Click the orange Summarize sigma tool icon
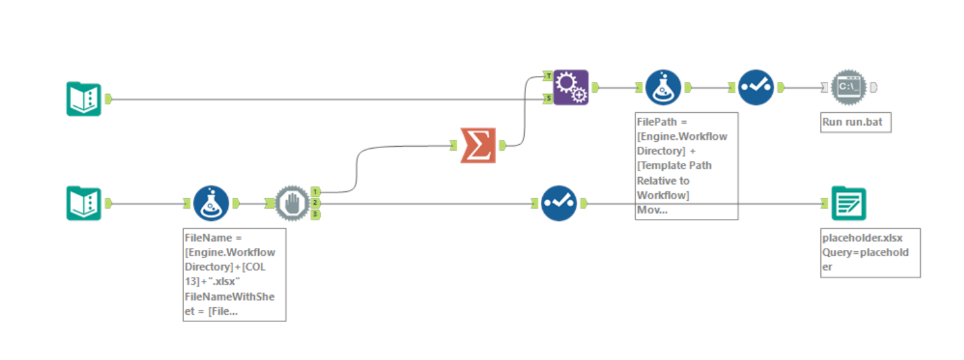click(478, 145)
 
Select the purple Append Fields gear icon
click(571, 87)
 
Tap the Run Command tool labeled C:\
click(849, 87)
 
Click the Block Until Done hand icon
click(292, 204)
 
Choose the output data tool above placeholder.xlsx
click(848, 204)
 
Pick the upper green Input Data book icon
click(84, 99)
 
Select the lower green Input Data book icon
click(84, 204)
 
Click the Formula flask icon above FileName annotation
click(211, 204)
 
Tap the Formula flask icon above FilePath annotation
click(663, 87)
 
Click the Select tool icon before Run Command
click(756, 87)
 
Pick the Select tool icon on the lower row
click(559, 204)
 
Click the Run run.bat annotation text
click(855, 122)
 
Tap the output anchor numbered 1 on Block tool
click(316, 191)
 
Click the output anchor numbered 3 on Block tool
click(316, 214)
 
